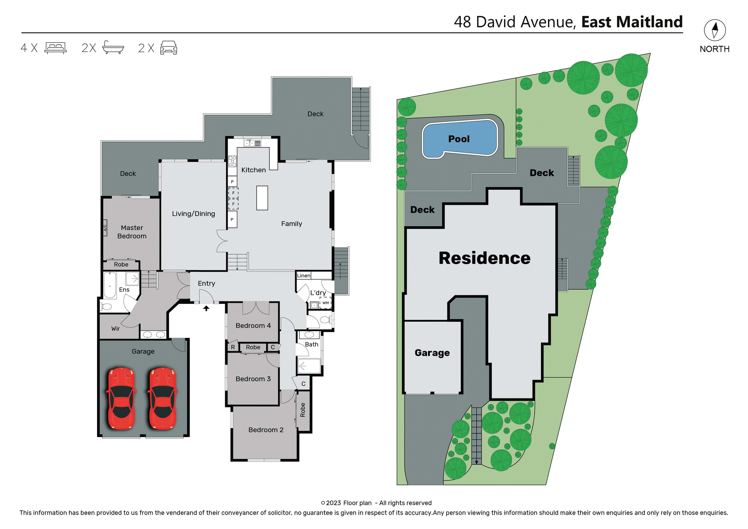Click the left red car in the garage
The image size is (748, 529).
tap(121, 398)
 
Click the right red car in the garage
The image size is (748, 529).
tap(163, 398)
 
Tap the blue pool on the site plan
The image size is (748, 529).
tap(460, 139)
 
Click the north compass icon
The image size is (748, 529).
tap(714, 30)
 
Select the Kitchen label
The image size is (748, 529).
tap(253, 170)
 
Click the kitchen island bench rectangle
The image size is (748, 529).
tap(262, 198)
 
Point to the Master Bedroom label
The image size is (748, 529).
tap(132, 232)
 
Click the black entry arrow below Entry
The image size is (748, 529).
tap(206, 308)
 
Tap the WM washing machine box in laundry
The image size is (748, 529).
tap(325, 303)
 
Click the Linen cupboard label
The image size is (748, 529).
tap(303, 276)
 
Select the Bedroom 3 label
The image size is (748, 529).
tap(253, 379)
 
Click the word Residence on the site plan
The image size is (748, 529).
tap(484, 258)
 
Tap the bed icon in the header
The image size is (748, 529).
tap(55, 48)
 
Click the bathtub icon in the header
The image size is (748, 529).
tap(113, 48)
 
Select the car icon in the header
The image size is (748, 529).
tap(169, 48)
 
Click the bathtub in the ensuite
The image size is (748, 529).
tap(110, 286)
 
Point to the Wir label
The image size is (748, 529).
tap(115, 329)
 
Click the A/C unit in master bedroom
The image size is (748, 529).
tap(105, 228)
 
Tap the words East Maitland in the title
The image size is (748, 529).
tap(632, 22)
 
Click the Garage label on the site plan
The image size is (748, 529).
tap(432, 353)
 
